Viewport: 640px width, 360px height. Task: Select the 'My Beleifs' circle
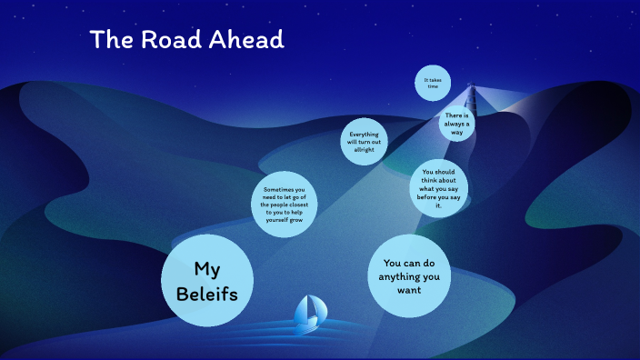[x=206, y=281]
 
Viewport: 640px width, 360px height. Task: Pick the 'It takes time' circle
[x=433, y=83]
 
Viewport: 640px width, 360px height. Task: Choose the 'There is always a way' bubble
[x=456, y=124]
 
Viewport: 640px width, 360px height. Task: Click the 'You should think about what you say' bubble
[x=438, y=189]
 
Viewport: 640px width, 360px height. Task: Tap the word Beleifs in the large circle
[x=206, y=294]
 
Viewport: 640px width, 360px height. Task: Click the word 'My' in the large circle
[x=206, y=268]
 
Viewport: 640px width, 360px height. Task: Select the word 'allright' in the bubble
[x=365, y=150]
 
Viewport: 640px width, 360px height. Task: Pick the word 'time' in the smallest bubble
[x=433, y=86]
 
